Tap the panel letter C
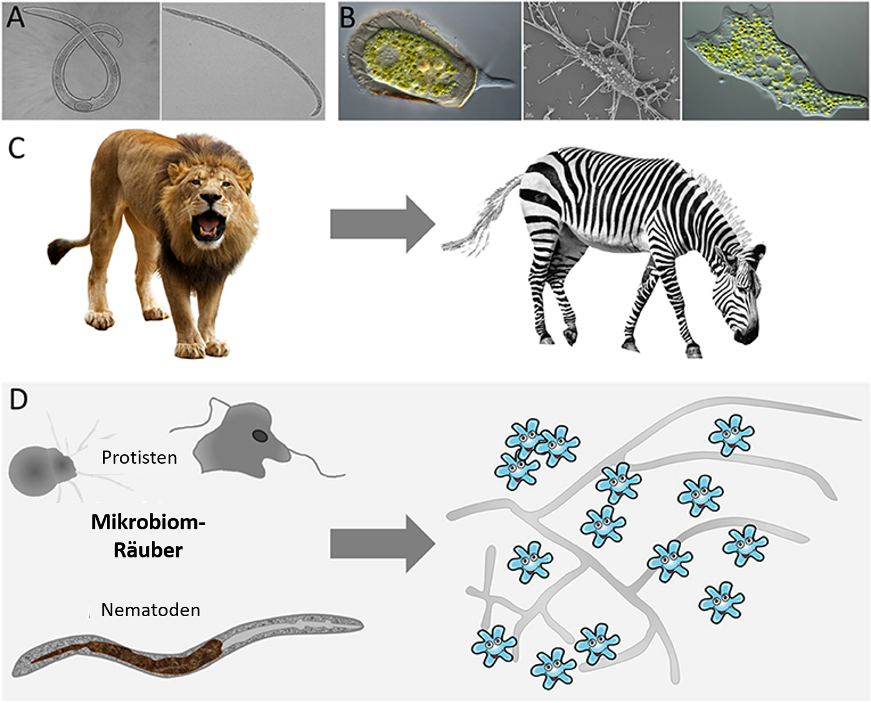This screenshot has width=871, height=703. point(17,148)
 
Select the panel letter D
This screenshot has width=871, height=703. point(18,399)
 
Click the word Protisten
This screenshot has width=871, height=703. point(139,457)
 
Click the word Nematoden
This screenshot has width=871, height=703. point(151,610)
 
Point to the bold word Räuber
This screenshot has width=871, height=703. point(148,549)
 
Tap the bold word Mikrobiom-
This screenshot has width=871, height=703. point(147,522)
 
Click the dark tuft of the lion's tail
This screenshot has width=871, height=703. point(57,251)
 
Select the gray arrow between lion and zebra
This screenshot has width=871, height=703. point(382,224)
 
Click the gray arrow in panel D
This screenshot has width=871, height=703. point(382,544)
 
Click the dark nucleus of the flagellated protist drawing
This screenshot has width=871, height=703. point(260,436)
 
